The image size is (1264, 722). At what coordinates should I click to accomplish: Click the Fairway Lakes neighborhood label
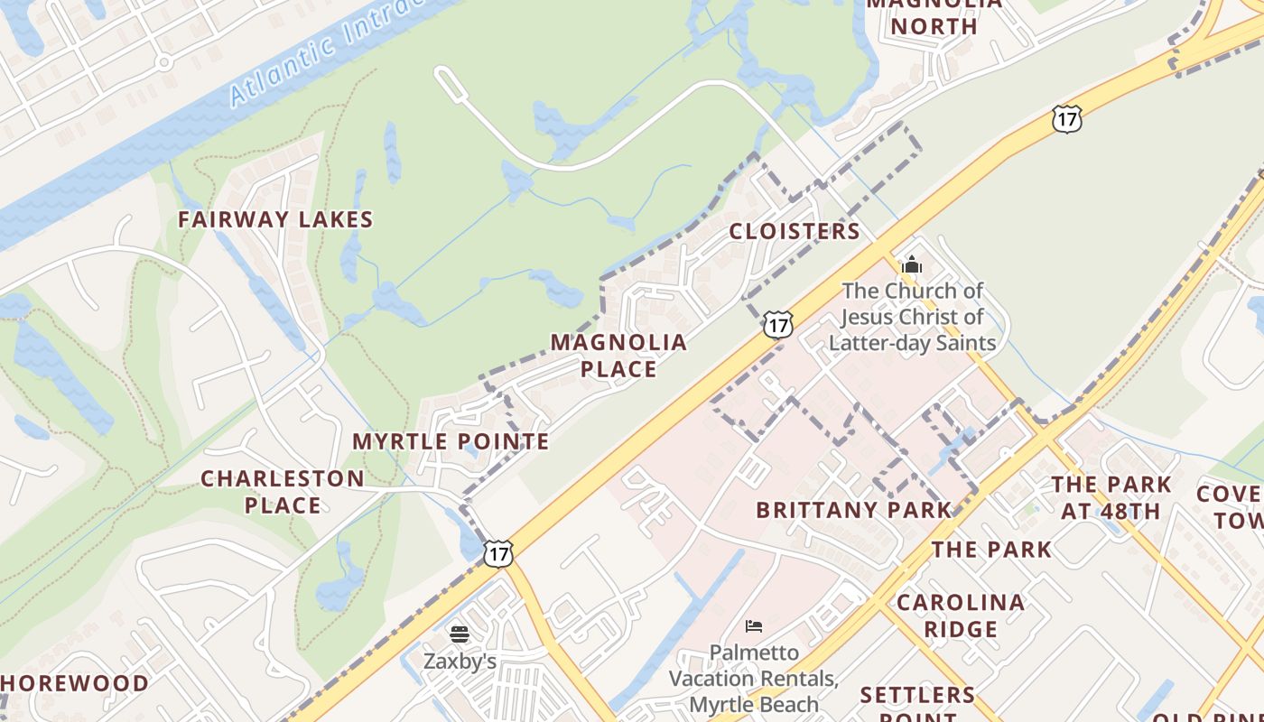point(275,219)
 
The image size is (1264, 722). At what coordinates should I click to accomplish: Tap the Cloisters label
point(795,231)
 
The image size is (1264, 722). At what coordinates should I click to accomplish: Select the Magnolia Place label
point(618,356)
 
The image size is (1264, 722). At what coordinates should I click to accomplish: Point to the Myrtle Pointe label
point(451,441)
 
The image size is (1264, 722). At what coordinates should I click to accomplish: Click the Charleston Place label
point(283,492)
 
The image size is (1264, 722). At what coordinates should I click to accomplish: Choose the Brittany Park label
point(854,510)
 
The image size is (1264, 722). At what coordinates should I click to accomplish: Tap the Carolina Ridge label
point(960,616)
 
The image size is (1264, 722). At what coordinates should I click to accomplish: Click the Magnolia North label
point(934,15)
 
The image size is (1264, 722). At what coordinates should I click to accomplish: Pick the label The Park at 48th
point(1111,498)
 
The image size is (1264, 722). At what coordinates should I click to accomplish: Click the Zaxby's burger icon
point(460,634)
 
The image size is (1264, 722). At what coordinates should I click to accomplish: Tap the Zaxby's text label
point(460,662)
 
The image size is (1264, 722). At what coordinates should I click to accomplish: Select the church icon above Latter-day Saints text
point(912,265)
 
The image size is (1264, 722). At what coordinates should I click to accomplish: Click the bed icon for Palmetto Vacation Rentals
point(754,626)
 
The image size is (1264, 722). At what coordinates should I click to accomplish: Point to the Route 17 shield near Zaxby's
point(497,553)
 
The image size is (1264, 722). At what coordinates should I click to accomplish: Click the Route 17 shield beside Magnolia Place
point(777,324)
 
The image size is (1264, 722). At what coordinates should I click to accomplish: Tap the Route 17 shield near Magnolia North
point(1066,118)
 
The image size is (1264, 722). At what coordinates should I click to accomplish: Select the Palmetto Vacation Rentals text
point(754,678)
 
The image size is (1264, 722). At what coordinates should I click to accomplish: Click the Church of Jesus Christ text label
point(912,317)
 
